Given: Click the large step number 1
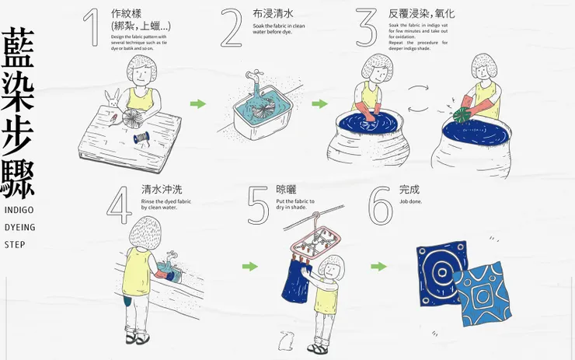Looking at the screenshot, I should pos(92,28).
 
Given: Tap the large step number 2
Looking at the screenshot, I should pos(232,29).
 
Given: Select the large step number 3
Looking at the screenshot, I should pos(367,29).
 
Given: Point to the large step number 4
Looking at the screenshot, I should pos(120,204).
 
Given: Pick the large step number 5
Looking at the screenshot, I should pos(257,205).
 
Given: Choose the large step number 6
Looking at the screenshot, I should pos(381,205).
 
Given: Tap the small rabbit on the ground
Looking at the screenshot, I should pos(286,339).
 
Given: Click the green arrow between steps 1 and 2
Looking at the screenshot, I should pos(198,103).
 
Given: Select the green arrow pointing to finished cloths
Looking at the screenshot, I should pos(378,267).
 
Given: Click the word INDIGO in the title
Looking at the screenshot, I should pos(19,211).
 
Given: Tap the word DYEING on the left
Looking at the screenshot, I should pos(19,228).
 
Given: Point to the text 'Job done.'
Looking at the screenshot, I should pos(411,201).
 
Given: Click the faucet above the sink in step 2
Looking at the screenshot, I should pos(252,79).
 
